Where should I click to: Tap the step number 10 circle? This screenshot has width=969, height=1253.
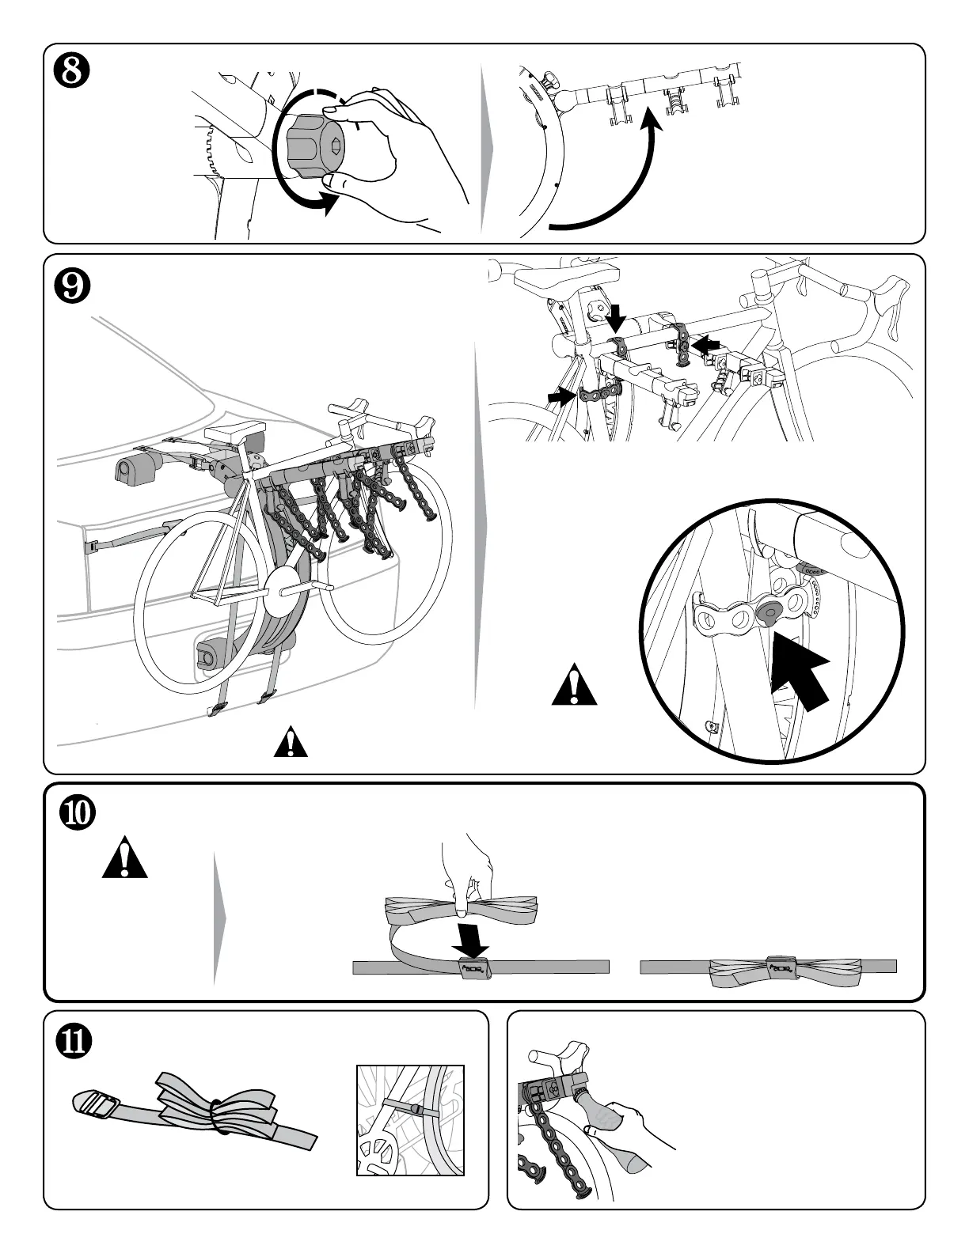(x=78, y=814)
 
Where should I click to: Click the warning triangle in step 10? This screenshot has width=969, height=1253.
(x=125, y=861)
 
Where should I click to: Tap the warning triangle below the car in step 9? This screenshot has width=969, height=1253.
(x=291, y=744)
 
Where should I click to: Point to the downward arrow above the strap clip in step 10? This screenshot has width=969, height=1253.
(x=473, y=938)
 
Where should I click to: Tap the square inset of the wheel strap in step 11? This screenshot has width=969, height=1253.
(x=410, y=1119)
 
